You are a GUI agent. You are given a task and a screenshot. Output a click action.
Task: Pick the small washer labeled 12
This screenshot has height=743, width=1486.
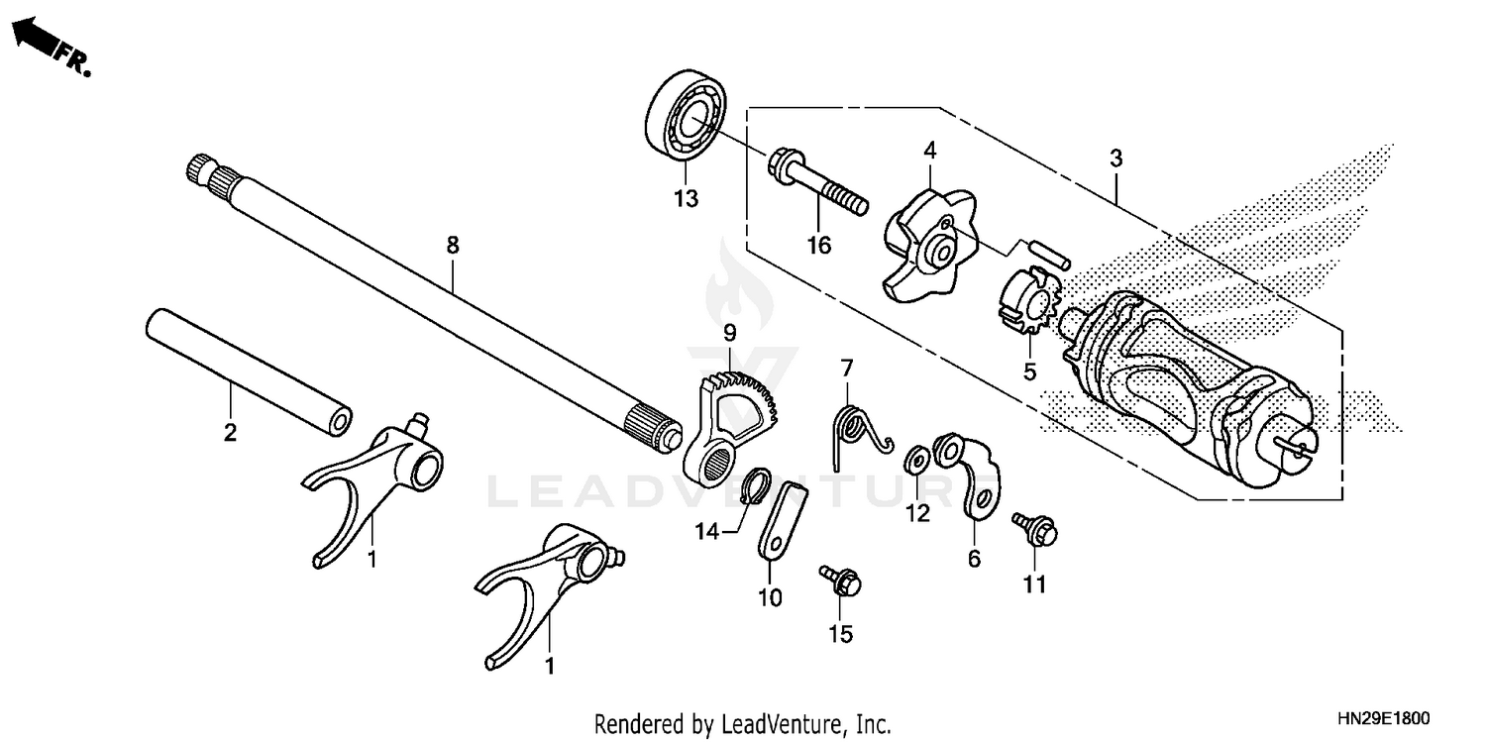click(916, 458)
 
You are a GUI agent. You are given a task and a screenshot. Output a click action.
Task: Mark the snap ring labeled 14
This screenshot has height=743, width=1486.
click(756, 485)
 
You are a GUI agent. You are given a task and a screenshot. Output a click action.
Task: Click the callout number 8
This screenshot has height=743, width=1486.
click(453, 245)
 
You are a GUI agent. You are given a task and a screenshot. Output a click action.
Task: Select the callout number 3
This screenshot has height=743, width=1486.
click(1116, 158)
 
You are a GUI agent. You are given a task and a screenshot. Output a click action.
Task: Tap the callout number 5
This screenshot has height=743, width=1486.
click(1029, 372)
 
